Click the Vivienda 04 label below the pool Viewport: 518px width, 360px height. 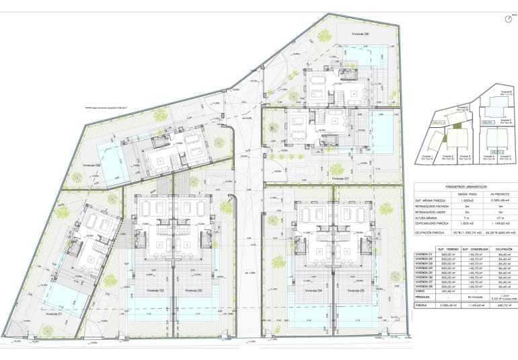click(311, 291)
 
